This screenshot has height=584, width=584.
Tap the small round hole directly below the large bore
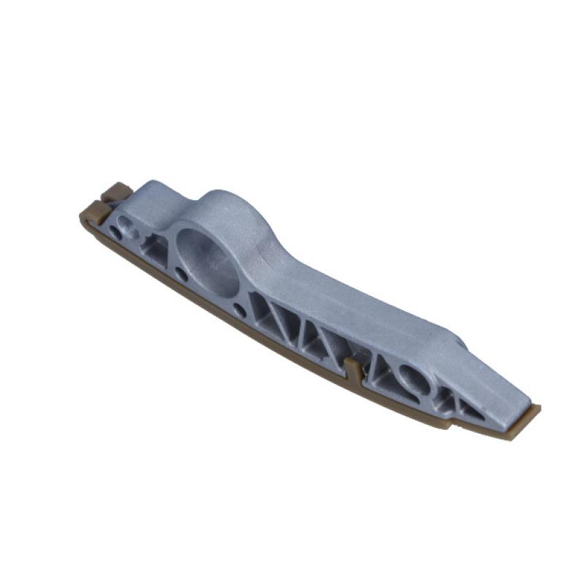click(x=181, y=276)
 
